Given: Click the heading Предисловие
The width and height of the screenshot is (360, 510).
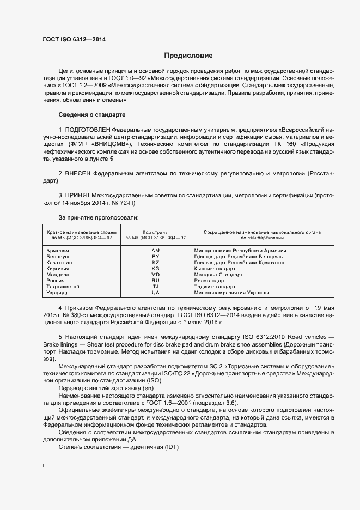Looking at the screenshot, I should [x=188, y=56].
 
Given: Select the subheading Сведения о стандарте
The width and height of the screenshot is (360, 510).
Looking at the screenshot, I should [x=91, y=116].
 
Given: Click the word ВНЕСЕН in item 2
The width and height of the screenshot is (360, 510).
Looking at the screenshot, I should [x=78, y=173].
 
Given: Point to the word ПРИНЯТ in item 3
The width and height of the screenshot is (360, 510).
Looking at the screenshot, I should [x=78, y=195].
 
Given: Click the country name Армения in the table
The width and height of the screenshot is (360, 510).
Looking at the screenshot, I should [x=58, y=250].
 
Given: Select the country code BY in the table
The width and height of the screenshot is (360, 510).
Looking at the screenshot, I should [x=155, y=256].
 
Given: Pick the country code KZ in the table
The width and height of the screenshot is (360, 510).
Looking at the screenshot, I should [x=155, y=262].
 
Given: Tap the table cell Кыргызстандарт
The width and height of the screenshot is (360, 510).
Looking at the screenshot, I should [x=215, y=269].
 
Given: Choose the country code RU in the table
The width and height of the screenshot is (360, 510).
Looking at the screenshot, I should [x=155, y=281].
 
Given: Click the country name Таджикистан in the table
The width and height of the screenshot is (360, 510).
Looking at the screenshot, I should [x=63, y=287].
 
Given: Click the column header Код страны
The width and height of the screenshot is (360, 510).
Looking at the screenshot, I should [x=155, y=232].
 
